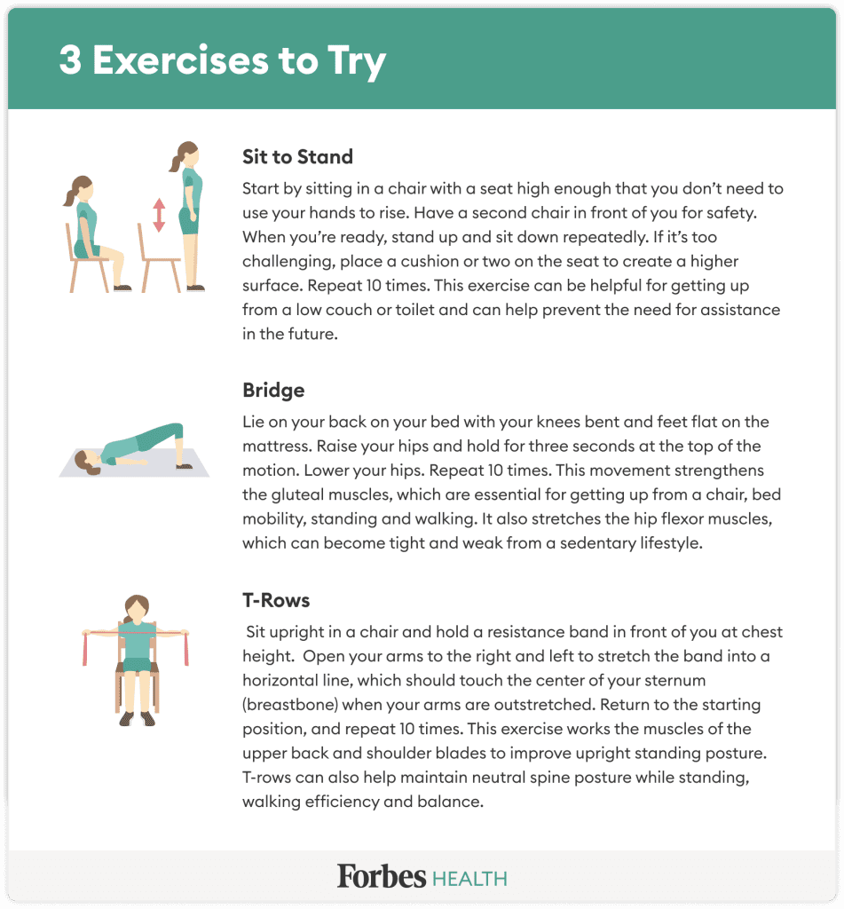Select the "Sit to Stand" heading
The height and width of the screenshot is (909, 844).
[297, 157]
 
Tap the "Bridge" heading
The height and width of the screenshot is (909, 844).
[273, 390]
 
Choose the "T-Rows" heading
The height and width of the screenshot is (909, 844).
[276, 600]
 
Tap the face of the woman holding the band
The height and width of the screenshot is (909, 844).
[136, 611]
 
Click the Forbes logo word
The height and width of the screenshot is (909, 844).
[381, 876]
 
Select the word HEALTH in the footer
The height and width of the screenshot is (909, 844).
[469, 879]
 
